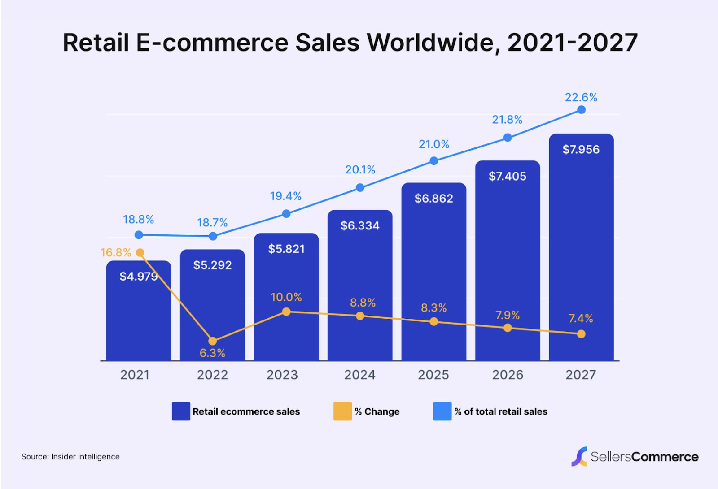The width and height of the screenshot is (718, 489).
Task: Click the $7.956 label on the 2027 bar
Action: tap(581, 150)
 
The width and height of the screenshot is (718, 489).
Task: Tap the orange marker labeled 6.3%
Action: tap(213, 341)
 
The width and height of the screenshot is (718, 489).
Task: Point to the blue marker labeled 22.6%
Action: tap(581, 110)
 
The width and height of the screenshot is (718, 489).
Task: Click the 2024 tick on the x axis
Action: tap(359, 375)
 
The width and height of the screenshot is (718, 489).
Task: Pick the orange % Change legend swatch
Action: tap(342, 411)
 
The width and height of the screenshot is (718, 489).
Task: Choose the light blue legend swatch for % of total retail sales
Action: tap(442, 411)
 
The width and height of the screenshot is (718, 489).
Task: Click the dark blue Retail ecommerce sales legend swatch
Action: tap(181, 411)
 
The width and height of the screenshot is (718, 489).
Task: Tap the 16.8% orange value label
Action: tap(116, 253)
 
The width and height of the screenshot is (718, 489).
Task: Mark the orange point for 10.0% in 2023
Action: tap(286, 312)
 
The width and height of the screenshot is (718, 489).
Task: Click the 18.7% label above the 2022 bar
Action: tap(212, 223)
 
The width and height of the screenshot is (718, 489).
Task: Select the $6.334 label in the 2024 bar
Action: tap(360, 226)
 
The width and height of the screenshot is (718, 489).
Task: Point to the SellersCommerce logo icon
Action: tap(579, 456)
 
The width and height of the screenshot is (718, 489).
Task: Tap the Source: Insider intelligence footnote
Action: tap(70, 457)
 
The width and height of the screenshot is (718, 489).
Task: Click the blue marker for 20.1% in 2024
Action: tap(360, 188)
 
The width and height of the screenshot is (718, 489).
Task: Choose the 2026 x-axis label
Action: tap(508, 375)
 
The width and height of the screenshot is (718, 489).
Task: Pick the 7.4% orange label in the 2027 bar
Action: tap(581, 319)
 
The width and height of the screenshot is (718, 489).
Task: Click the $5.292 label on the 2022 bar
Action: tap(212, 265)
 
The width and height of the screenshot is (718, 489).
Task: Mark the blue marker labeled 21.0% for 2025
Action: tap(434, 161)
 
